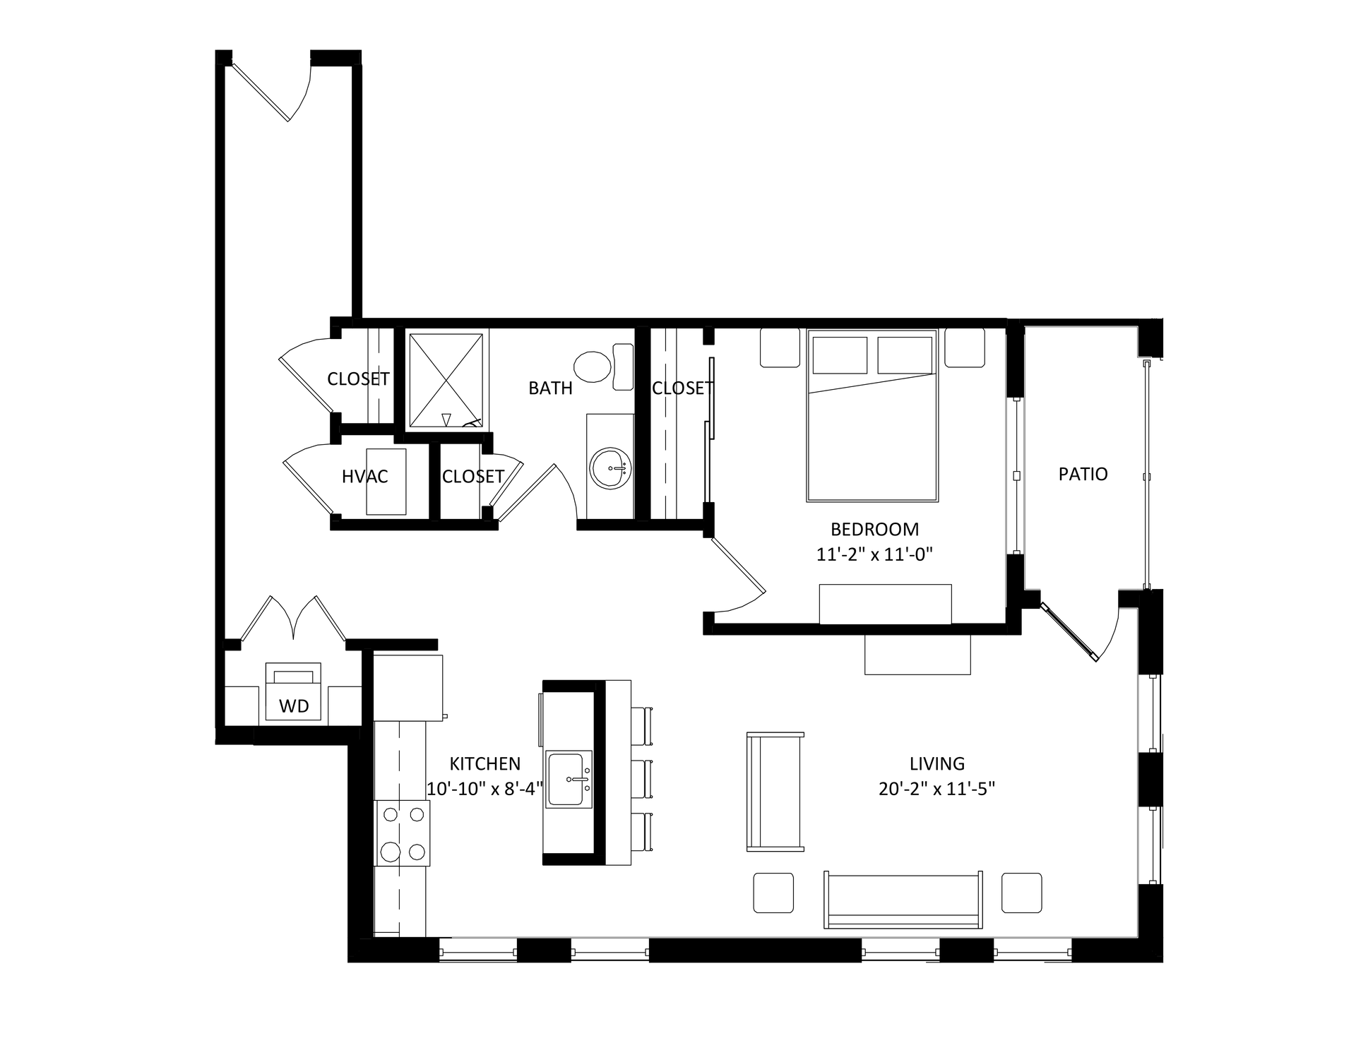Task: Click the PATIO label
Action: (x=1083, y=474)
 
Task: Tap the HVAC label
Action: (x=364, y=477)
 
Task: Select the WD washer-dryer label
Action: (x=294, y=706)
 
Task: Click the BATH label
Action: (x=550, y=388)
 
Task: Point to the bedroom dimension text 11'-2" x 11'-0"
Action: (x=874, y=554)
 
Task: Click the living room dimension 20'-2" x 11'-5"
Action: (x=936, y=789)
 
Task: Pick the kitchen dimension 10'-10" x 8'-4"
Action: (x=484, y=789)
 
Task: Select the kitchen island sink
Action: (x=569, y=779)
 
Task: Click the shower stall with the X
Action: (x=446, y=381)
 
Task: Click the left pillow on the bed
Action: (x=840, y=355)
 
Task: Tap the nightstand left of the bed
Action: (x=780, y=347)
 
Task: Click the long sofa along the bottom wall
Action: (x=903, y=900)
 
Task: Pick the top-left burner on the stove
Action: (x=390, y=814)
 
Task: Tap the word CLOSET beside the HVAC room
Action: (x=472, y=477)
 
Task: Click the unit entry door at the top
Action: (x=272, y=88)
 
